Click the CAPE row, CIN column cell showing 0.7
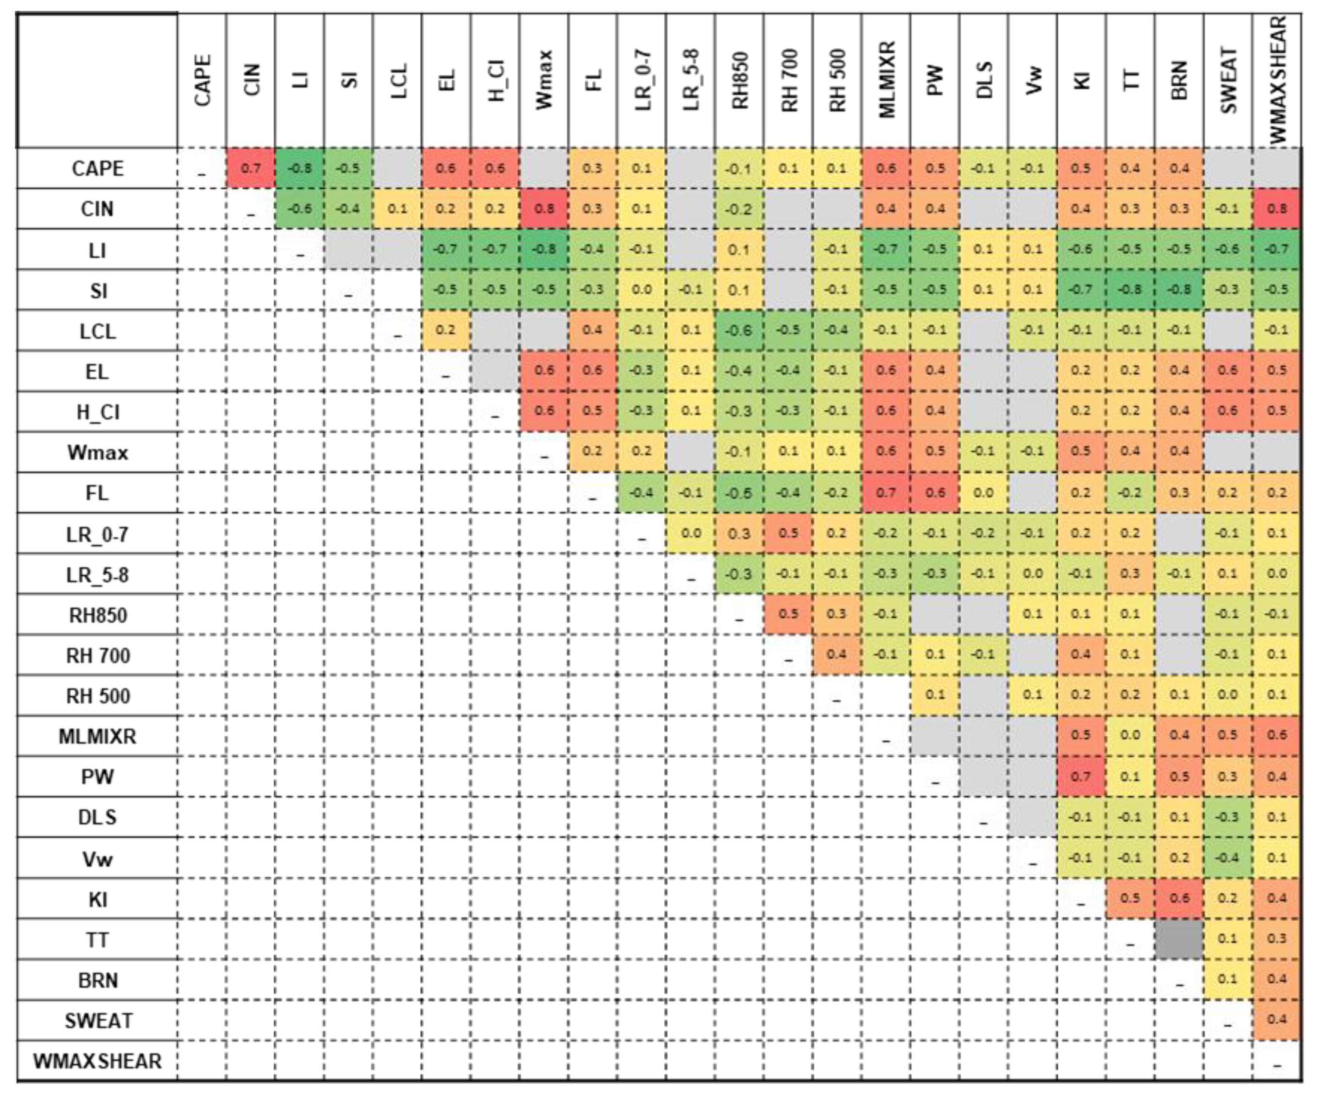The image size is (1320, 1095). pos(251,168)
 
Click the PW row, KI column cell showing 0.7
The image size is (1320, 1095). pos(1081,776)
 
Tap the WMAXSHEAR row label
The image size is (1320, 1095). pos(98,1061)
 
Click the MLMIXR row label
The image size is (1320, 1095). pos(98,736)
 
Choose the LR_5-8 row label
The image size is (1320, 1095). pos(98,574)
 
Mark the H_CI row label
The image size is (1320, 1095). pos(98,412)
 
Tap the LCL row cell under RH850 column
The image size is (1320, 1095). pos(740,330)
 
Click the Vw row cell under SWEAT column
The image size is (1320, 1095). pos(1228,857)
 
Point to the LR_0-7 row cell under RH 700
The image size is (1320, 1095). pos(788,533)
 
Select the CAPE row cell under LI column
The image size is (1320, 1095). pos(300,168)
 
